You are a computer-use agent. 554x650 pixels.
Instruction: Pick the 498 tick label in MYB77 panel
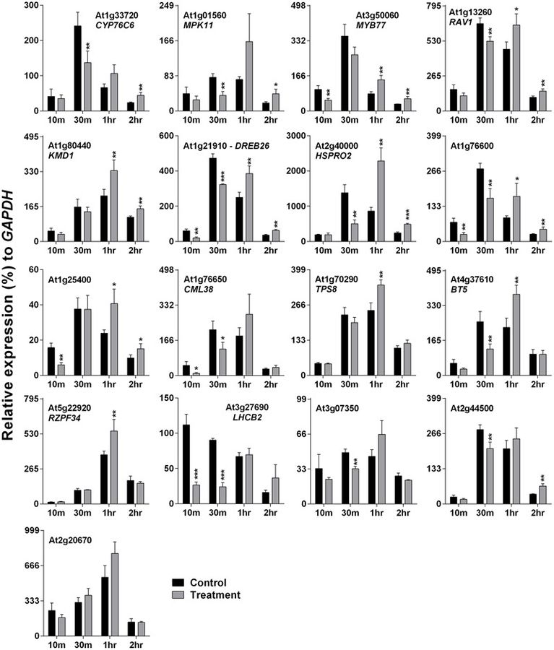tap(303, 6)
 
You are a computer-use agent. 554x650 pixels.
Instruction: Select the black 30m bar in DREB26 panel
tap(213, 202)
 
